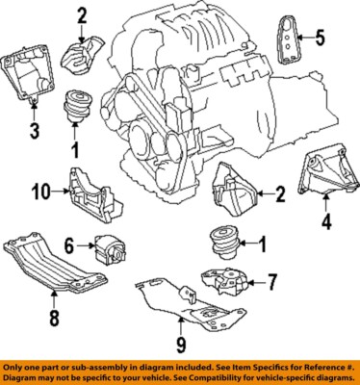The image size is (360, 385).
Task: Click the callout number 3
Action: coord(33,131)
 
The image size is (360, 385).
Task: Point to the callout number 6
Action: coord(68,247)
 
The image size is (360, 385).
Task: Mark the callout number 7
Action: coord(273,282)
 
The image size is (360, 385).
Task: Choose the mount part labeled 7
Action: coord(224,284)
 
